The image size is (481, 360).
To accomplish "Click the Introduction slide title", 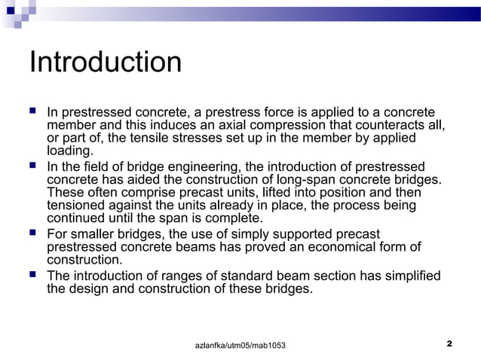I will click(x=106, y=63).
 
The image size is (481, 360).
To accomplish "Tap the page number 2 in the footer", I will click(x=449, y=343).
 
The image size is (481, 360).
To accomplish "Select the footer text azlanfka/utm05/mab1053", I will click(x=240, y=345).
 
